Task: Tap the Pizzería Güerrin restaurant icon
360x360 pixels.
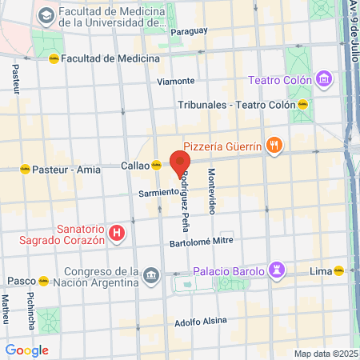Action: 274,146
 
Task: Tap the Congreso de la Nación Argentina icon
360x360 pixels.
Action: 151,276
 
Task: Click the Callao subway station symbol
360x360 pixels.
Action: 157,166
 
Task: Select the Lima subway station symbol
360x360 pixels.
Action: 339,270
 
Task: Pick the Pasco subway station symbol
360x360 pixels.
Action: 43,282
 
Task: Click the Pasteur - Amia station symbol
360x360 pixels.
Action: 25,169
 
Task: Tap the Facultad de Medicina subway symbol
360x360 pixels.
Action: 54,58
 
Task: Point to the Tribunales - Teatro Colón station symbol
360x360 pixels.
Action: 303,105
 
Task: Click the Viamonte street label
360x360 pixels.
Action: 176,81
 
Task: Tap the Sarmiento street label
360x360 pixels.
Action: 157,193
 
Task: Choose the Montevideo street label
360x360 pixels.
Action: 212,191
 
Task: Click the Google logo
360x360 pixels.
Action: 27,350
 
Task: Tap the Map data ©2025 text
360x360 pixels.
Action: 323,354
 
